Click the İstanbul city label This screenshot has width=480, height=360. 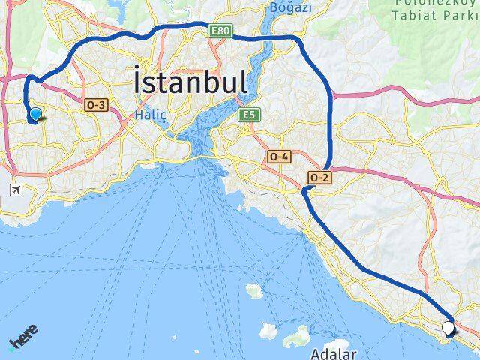(x=190, y=81)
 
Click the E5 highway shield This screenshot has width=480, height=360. (x=248, y=115)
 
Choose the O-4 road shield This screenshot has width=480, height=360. (x=278, y=156)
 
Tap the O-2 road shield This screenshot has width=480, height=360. (x=319, y=177)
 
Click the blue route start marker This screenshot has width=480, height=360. (x=34, y=115)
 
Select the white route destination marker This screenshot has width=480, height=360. (x=449, y=328)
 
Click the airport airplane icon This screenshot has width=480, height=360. (x=16, y=191)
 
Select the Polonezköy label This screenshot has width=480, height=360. (x=431, y=4)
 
